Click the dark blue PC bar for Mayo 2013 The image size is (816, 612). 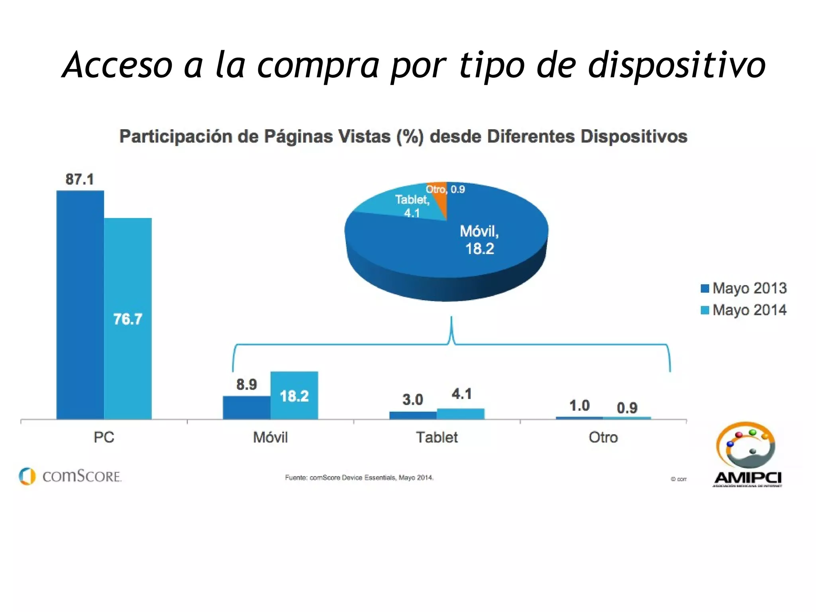(80, 305)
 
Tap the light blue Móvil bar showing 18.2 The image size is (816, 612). (294, 395)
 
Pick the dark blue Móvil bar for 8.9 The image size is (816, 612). (246, 407)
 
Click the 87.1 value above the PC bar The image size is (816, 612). (80, 179)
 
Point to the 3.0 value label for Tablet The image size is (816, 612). (412, 399)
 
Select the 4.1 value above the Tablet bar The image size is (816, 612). (461, 394)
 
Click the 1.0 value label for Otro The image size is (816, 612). (579, 406)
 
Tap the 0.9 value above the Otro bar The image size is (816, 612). (627, 408)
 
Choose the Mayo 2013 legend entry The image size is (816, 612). (743, 288)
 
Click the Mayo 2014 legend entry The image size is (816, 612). (743, 310)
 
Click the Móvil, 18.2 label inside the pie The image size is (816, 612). (479, 240)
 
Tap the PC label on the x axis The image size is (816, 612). (104, 437)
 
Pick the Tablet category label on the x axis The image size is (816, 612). (437, 437)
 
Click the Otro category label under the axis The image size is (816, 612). (603, 437)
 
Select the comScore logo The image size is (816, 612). (70, 476)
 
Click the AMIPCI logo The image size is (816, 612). (747, 455)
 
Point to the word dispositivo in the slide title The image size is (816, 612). (677, 65)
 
